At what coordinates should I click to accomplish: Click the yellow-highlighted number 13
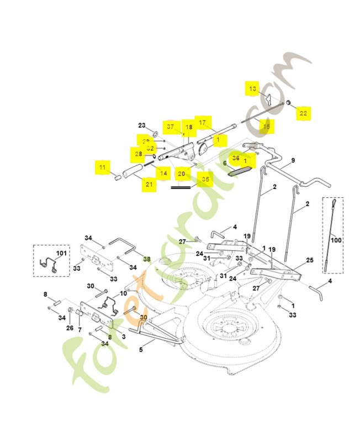coord(252,89)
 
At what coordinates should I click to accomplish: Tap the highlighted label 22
coord(303,113)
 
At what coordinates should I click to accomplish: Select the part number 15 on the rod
coord(267,127)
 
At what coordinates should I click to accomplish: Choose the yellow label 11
coord(102,166)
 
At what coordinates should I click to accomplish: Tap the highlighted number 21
coord(149,184)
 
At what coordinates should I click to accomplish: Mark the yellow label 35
coord(205,179)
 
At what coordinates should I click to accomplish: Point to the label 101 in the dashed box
coord(61,254)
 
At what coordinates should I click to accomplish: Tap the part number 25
coord(309,260)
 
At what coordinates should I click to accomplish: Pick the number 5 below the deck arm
coord(141,349)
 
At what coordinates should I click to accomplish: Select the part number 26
coord(70,328)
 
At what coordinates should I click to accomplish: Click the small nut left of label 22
coord(289,103)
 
